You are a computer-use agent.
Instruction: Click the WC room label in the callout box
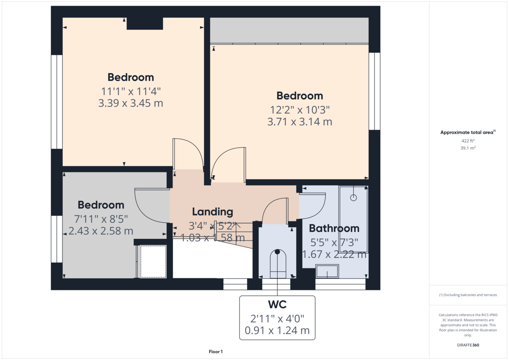[277, 304]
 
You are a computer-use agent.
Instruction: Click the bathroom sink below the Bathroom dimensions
[327, 271]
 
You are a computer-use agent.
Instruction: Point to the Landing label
[213, 212]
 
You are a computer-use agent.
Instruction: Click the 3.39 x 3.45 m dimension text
[131, 103]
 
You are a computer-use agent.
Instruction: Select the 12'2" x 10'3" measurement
[300, 110]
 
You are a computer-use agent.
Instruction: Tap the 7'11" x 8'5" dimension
[101, 219]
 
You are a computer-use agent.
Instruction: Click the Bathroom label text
[334, 229]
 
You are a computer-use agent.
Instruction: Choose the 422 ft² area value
[468, 140]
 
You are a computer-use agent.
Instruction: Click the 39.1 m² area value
[468, 148]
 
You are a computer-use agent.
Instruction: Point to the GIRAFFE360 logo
[468, 345]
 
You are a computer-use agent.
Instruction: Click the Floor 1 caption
[215, 352]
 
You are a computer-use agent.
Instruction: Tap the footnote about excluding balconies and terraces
[468, 295]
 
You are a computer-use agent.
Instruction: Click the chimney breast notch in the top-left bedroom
[145, 24]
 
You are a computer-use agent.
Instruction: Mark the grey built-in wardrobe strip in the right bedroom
[289, 30]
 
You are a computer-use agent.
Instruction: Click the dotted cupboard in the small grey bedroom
[153, 261]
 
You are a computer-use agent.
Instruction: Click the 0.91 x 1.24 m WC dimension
[277, 330]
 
